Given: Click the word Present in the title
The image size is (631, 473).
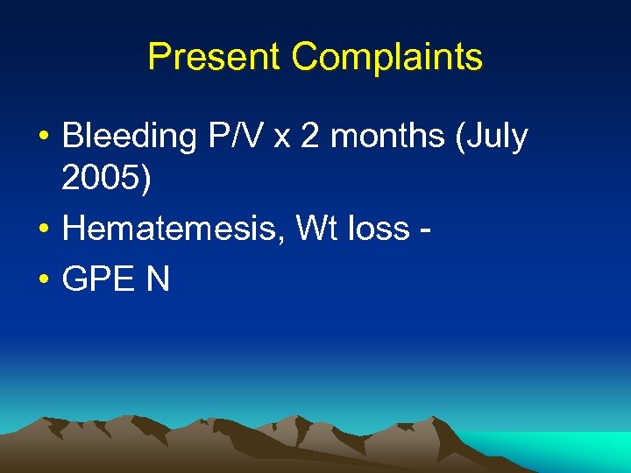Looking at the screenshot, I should point(215,58).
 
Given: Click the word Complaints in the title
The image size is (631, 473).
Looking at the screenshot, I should point(387,58).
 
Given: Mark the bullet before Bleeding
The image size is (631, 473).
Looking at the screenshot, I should point(43,138).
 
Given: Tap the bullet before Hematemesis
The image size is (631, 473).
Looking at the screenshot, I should point(43,229).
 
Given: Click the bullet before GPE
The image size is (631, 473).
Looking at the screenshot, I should point(43,279).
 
